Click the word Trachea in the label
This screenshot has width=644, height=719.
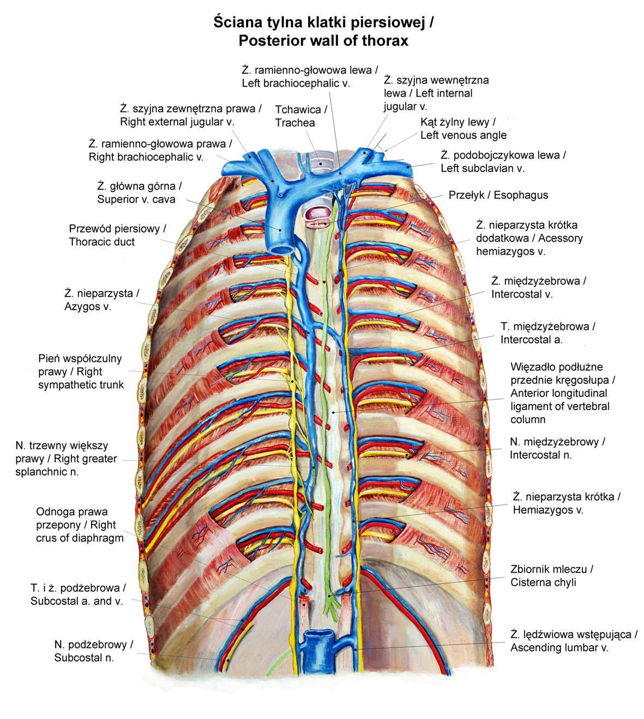point(294,123)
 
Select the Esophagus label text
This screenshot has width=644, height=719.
point(498,195)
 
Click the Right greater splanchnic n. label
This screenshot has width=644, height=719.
point(66,459)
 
